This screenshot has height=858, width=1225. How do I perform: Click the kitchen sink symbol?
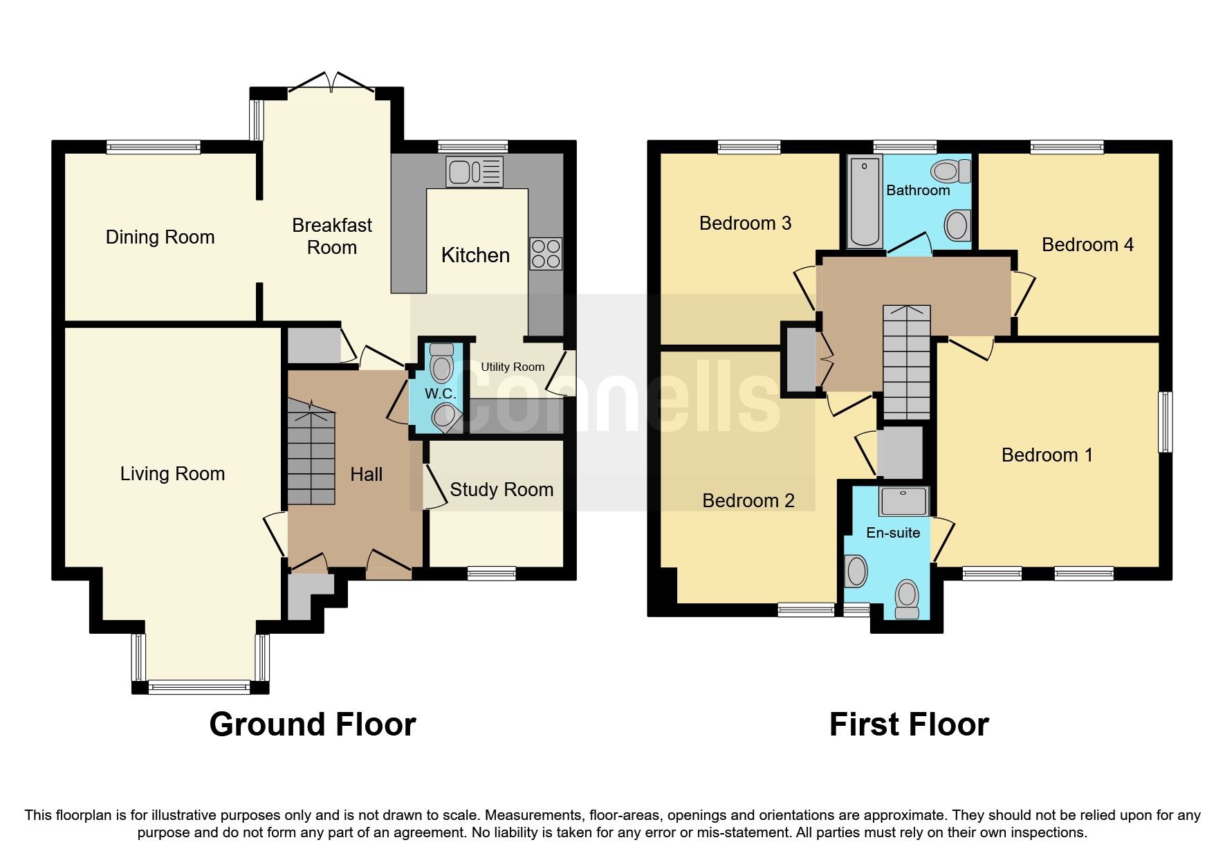pos(475,172)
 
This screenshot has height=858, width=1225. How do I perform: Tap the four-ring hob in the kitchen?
pos(545,254)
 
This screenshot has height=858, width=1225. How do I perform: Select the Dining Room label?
pos(160,237)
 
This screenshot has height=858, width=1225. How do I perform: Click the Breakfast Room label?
pos(331,236)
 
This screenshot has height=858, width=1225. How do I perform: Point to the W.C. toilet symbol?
pos(441,363)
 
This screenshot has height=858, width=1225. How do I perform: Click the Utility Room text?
pos(513,367)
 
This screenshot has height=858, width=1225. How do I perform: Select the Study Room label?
pos(501,490)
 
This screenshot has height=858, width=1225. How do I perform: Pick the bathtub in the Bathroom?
pos(864,201)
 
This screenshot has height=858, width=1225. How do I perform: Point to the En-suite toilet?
pos(906,599)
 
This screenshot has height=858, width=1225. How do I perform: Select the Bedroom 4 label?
pos(1087,245)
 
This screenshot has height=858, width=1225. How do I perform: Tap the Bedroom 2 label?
pos(748,501)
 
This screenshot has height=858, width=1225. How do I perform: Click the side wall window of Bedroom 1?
pos(1165,422)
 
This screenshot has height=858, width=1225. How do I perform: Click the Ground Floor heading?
pos(313,725)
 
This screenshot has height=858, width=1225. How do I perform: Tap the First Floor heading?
pos(908,725)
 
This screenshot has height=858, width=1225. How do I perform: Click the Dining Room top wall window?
pos(153,147)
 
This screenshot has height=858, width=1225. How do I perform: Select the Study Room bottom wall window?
pos(491,573)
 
